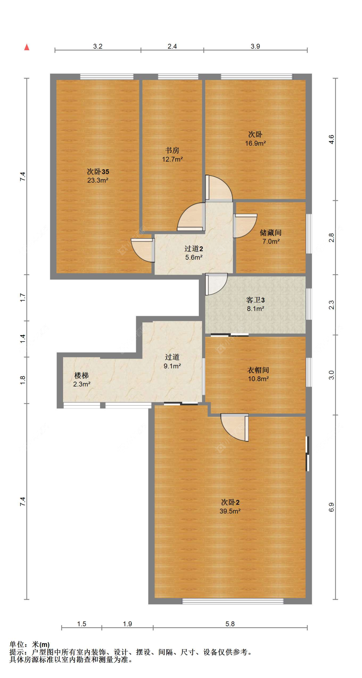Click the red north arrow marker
coord(27,47)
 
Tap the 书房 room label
coord(172,150)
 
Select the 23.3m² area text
coord(97,180)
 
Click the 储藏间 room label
coord(270,232)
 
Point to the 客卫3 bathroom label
coord(255,300)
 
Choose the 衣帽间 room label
coord(258,370)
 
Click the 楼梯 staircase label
coord(81,375)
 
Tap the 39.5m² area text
coord(230,511)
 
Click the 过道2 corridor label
coord(193,248)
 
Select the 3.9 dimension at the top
coord(255,46)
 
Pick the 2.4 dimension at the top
coord(172,46)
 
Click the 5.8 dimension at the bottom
coord(230,624)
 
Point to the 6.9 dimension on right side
coord(331,507)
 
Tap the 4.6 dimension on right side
coord(331,139)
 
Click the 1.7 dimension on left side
coord(23,298)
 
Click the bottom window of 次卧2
coord(233,601)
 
